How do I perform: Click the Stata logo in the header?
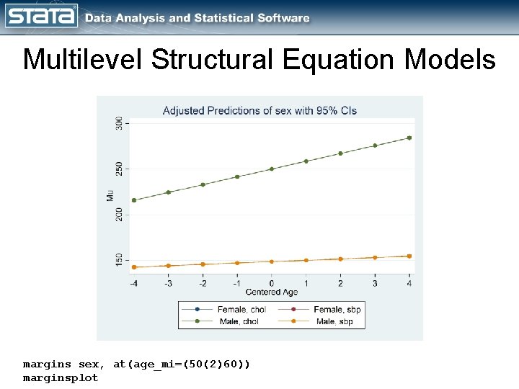click(x=42, y=16)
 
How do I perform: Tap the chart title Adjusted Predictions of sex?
click(x=259, y=110)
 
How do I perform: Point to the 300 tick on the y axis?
click(x=119, y=123)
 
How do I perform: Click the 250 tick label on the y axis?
click(x=119, y=169)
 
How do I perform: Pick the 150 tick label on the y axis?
click(x=119, y=260)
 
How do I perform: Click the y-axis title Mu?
click(x=110, y=195)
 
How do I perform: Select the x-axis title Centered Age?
click(x=272, y=292)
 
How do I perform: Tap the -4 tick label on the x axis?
click(x=133, y=283)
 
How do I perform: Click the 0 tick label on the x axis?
click(x=272, y=283)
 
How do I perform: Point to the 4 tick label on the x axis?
click(x=409, y=283)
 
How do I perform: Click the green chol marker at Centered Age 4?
click(x=409, y=138)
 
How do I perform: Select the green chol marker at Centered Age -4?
click(x=134, y=200)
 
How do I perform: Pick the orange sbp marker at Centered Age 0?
click(x=272, y=261)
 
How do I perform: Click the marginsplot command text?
click(x=61, y=377)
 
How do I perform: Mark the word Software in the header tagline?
click(x=280, y=18)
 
